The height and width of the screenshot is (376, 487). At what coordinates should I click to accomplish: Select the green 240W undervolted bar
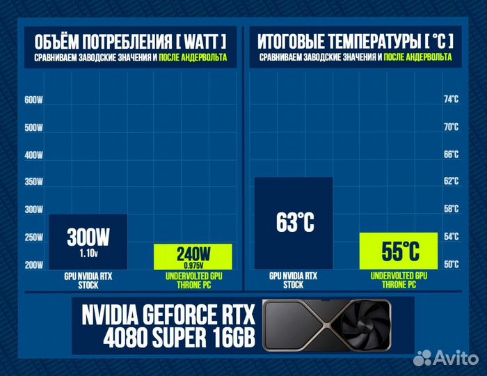point(193,257)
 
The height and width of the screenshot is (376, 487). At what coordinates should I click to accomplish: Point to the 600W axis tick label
point(33,100)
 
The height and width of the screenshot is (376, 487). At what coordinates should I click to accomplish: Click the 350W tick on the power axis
point(33,182)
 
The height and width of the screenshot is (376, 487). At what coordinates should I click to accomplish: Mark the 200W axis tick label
point(33,265)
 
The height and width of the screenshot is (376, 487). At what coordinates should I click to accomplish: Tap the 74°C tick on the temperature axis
point(452,100)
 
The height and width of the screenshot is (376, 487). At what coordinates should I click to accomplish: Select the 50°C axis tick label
point(452,264)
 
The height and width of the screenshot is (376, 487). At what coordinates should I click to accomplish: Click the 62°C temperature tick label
point(452,182)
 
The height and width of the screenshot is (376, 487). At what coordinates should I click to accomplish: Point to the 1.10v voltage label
point(88,254)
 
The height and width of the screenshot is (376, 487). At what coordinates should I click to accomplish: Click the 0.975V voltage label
point(193,265)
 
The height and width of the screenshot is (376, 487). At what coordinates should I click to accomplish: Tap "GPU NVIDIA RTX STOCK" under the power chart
point(88,280)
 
